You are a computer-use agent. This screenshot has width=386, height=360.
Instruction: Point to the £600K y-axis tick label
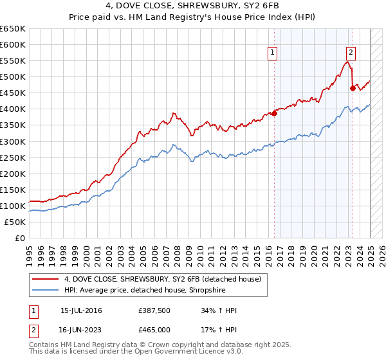pyautogui.click(x=13, y=45)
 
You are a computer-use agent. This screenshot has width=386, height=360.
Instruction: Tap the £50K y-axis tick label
pyautogui.click(x=15, y=222)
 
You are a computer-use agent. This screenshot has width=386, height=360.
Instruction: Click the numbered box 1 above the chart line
pyautogui.click(x=273, y=53)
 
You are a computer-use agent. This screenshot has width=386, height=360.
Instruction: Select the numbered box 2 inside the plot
pyautogui.click(x=351, y=53)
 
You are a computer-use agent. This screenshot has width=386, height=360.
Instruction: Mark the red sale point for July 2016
pyautogui.click(x=274, y=113)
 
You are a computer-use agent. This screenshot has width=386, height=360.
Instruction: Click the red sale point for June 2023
pyautogui.click(x=353, y=88)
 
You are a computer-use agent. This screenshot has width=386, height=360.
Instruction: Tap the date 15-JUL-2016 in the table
pyautogui.click(x=81, y=310)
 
